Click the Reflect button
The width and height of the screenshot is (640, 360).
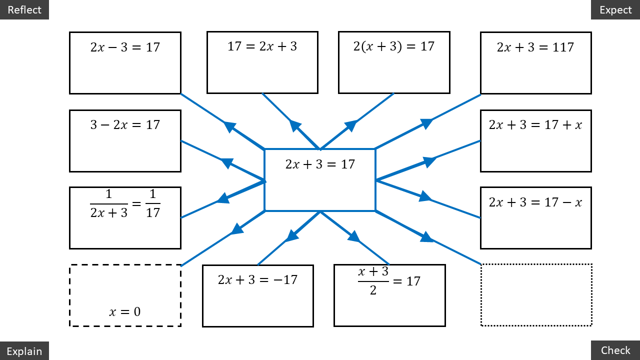click(24, 9)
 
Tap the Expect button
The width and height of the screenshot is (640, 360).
click(615, 9)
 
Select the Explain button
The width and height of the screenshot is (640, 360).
click(24, 351)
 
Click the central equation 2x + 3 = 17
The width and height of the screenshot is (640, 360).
click(320, 164)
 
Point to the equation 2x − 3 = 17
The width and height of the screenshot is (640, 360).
click(125, 47)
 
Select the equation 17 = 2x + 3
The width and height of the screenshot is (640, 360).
click(262, 46)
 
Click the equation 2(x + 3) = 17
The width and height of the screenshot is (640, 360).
click(393, 46)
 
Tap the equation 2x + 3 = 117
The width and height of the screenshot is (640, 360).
click(535, 47)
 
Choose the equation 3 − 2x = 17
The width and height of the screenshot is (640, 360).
click(125, 124)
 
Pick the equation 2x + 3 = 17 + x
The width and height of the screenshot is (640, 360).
click(535, 124)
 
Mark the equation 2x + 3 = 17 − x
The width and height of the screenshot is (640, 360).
click(535, 202)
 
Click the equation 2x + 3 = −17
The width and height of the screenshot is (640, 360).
click(257, 279)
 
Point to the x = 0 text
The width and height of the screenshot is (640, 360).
click(125, 312)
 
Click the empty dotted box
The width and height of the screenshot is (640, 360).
click(536, 295)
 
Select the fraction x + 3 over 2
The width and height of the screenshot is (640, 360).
click(373, 280)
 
